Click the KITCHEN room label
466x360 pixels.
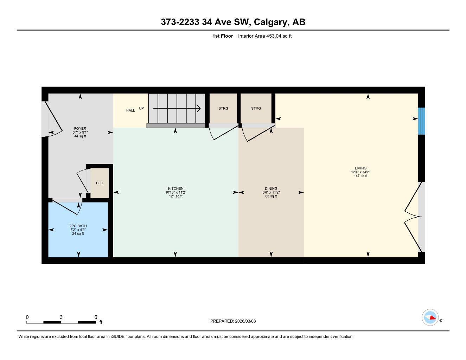pyautogui.click(x=175, y=189)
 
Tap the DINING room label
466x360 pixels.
pyautogui.click(x=271, y=189)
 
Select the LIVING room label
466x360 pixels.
pyautogui.click(x=360, y=168)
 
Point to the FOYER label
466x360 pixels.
pyautogui.click(x=80, y=129)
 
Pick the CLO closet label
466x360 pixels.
pyautogui.click(x=100, y=183)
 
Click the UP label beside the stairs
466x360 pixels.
pyautogui.click(x=141, y=108)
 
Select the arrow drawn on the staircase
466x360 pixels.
pyautogui.click(x=177, y=109)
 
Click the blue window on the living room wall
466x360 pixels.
pyautogui.click(x=421, y=121)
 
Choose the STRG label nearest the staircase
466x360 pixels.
pyautogui.click(x=223, y=108)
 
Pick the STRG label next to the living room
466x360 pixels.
pyautogui.click(x=256, y=108)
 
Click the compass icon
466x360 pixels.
pyautogui.click(x=430, y=317)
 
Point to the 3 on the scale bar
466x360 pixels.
pyautogui.click(x=61, y=317)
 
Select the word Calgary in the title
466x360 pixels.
pyautogui.click(x=271, y=22)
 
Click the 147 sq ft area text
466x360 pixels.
pyautogui.click(x=360, y=176)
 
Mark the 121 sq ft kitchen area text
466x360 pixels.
pyautogui.click(x=175, y=196)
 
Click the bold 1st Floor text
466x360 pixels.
pyautogui.click(x=223, y=36)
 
